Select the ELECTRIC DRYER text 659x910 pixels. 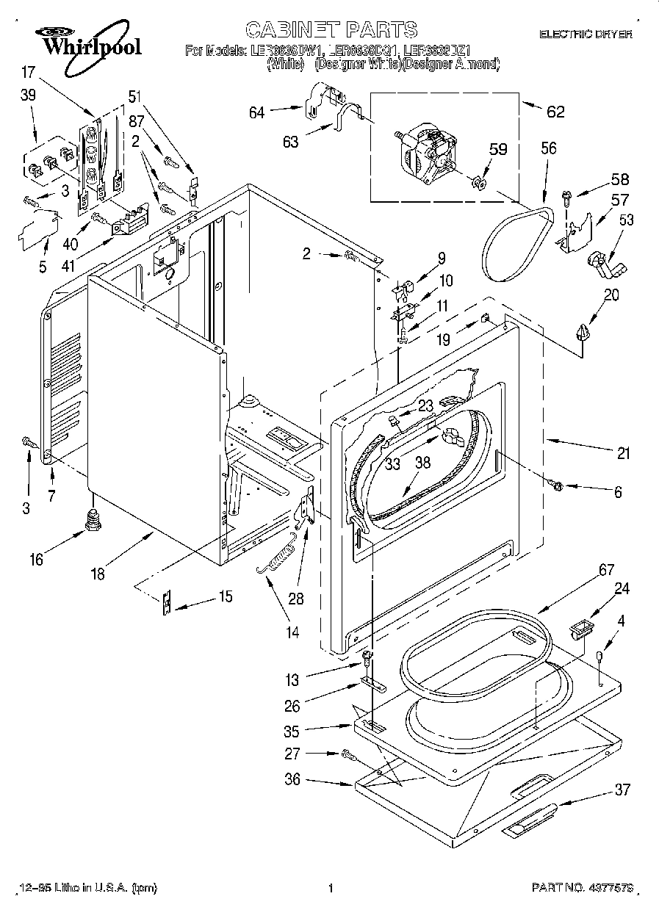tap(585, 35)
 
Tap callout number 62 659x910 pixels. tap(555, 112)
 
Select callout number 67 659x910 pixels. tap(586, 568)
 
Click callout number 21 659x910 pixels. tap(623, 453)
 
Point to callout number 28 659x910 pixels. tap(296, 599)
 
